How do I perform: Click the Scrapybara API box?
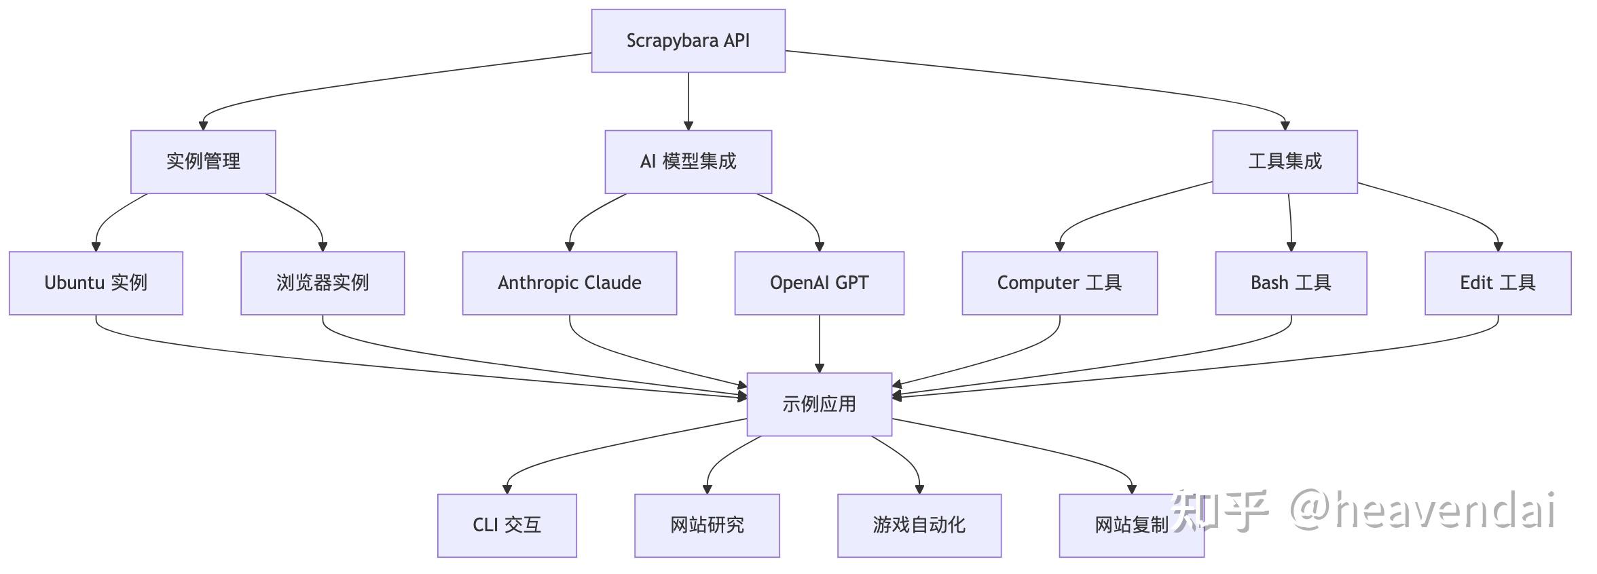688,41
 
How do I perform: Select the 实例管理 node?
203,161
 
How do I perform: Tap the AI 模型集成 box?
688,161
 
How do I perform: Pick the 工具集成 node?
1285,161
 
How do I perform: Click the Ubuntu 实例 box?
96,283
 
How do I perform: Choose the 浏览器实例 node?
323,283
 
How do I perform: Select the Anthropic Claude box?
569,283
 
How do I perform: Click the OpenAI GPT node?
819,283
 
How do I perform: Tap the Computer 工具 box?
1059,283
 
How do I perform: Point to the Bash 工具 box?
1290,283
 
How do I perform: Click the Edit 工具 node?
1497,283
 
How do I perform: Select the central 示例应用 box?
819,404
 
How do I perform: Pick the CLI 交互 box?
507,525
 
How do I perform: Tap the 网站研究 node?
707,525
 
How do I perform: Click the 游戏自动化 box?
919,525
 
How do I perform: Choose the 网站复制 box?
1114,525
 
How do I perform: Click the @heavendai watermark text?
1422,510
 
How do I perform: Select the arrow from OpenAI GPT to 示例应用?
819,343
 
